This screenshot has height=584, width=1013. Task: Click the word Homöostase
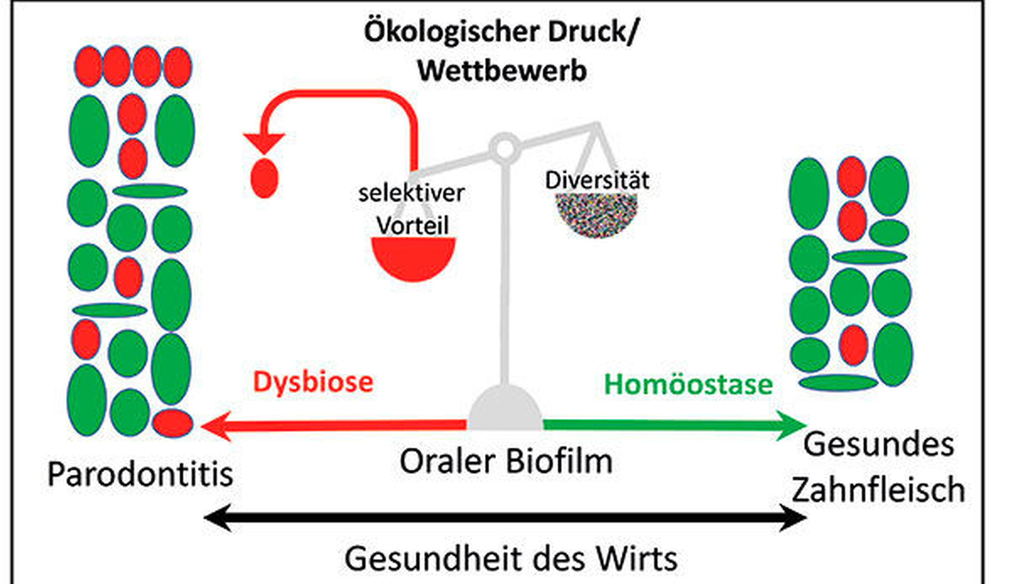click(688, 385)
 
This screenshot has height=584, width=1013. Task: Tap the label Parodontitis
click(140, 474)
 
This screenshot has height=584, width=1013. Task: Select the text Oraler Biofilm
click(506, 461)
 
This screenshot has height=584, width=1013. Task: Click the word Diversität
click(597, 180)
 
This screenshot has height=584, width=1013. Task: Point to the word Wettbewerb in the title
click(502, 71)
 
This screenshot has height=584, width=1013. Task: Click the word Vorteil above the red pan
click(413, 225)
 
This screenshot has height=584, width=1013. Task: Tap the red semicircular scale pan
click(413, 258)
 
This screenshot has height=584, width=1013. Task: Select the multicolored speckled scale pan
click(597, 213)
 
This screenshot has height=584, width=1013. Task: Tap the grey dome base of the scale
click(505, 408)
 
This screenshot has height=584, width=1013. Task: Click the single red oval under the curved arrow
click(264, 178)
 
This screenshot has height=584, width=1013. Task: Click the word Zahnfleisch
click(878, 490)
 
